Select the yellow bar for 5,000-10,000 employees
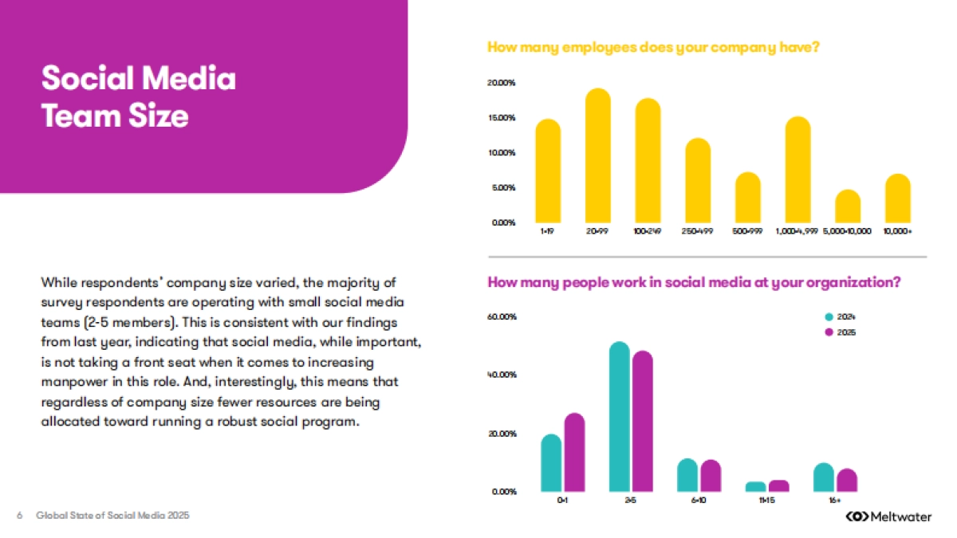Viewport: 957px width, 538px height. pyautogui.click(x=848, y=206)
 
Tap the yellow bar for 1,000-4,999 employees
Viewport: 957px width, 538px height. pyautogui.click(x=798, y=170)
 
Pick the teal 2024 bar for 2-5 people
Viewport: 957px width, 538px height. pyautogui.click(x=620, y=417)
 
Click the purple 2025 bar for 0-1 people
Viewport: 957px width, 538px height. pyautogui.click(x=574, y=452)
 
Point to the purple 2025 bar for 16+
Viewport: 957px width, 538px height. pyautogui.click(x=847, y=480)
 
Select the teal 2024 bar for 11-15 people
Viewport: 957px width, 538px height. pyautogui.click(x=756, y=486)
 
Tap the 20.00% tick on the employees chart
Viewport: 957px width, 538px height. pyautogui.click(x=502, y=83)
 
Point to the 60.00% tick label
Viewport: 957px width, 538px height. pyautogui.click(x=502, y=317)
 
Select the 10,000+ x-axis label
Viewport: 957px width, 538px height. pyautogui.click(x=897, y=230)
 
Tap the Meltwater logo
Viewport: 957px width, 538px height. pyautogui.click(x=888, y=517)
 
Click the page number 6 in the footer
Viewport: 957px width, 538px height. pyautogui.click(x=19, y=516)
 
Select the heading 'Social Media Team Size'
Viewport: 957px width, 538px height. pyautogui.click(x=139, y=97)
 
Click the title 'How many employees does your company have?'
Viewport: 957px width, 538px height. pyautogui.click(x=653, y=48)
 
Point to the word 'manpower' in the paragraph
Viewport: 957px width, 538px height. pyautogui.click(x=71, y=382)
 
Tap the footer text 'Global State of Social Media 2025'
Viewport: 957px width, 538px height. pyautogui.click(x=112, y=516)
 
